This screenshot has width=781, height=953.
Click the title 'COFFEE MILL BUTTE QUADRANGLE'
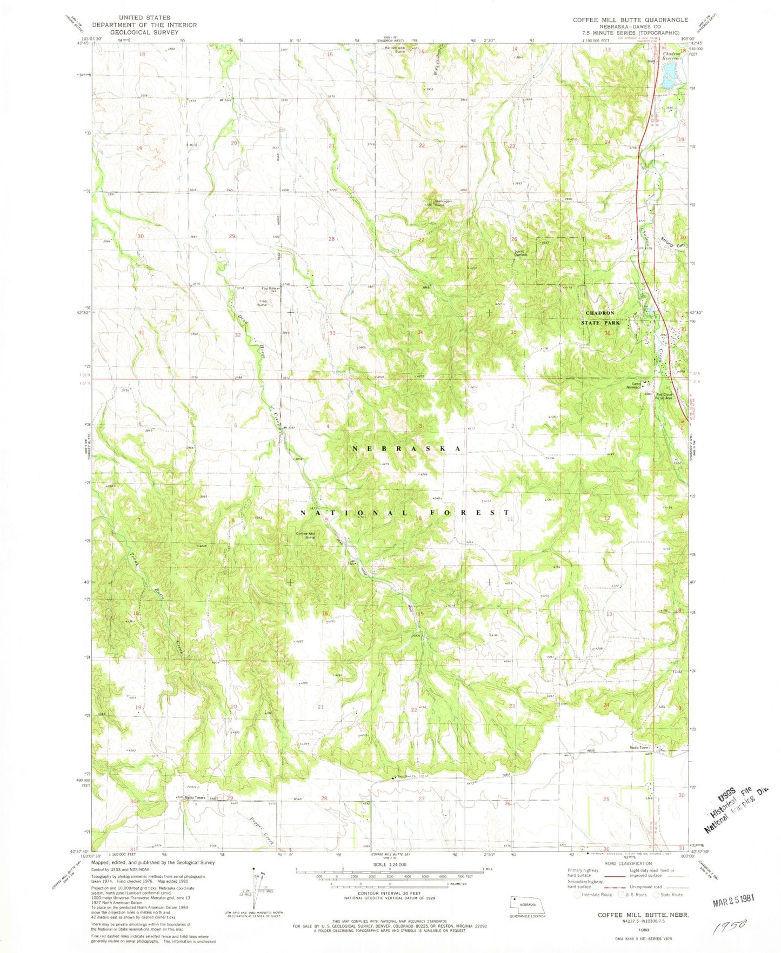click(x=630, y=19)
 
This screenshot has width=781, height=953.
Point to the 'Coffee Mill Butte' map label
click(x=306, y=535)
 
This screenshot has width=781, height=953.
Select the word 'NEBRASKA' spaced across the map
click(x=406, y=449)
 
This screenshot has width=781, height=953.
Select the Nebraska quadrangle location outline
click(x=527, y=904)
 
